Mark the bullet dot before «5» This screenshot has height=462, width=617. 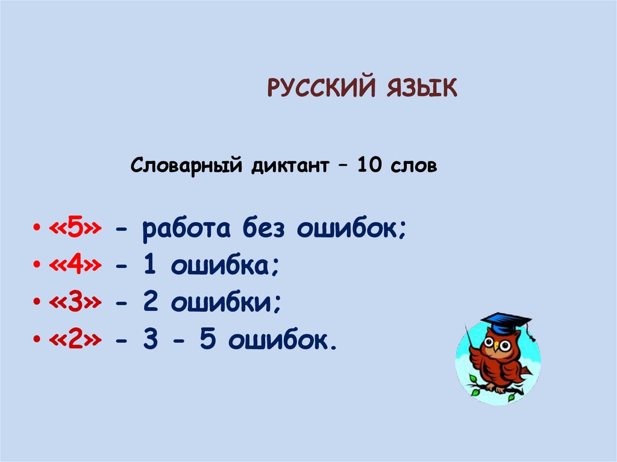[38, 231]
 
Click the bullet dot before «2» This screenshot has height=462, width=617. [38, 341]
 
